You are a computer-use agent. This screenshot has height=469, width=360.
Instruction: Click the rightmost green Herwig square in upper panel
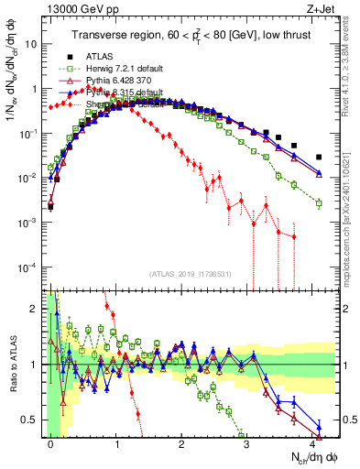318,203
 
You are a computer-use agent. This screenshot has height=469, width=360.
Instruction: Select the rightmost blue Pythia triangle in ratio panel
318,426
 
